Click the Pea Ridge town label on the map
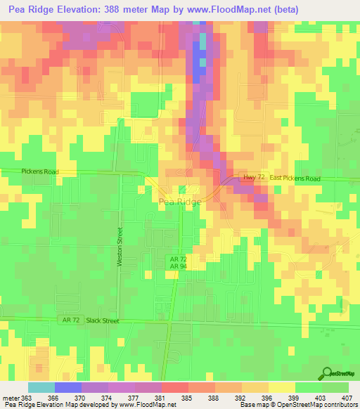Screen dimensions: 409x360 point(180,202)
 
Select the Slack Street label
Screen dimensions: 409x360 point(103,320)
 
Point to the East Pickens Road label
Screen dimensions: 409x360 point(295,179)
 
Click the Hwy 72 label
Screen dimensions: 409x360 point(253,178)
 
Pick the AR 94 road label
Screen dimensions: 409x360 point(176,266)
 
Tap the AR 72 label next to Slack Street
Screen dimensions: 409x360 point(70,320)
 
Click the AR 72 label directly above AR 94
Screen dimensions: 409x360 point(176,259)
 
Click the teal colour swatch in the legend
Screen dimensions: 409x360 point(41,387)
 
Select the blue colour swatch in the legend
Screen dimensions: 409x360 point(67,387)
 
